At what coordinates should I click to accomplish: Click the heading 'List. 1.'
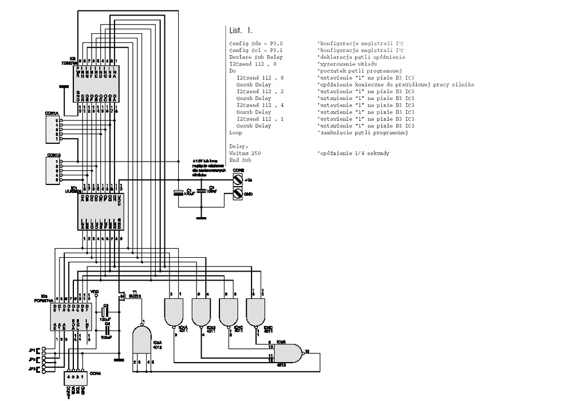tap(241, 30)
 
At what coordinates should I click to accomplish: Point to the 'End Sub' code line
tap(239, 160)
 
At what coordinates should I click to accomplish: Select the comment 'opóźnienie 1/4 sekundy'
tap(353, 154)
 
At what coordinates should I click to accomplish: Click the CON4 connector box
tap(74, 378)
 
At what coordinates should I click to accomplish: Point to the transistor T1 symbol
tap(121, 296)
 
